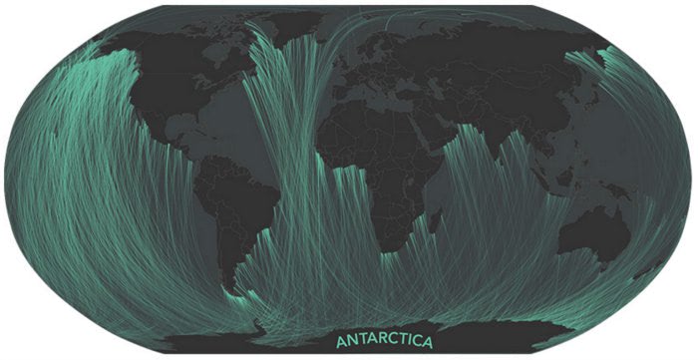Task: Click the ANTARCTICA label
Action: tap(384, 342)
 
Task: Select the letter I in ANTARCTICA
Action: tap(409, 342)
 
